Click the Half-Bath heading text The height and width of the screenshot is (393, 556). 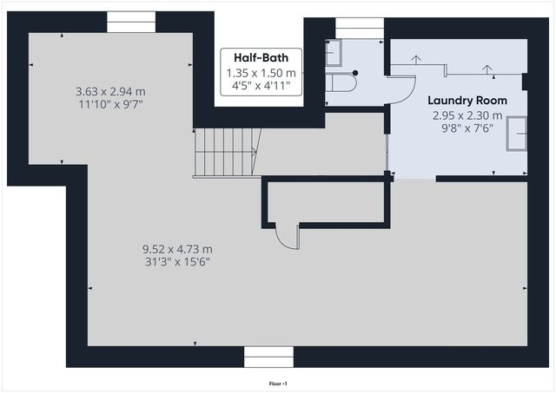click(x=261, y=58)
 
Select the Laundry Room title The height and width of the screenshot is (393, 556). click(x=467, y=101)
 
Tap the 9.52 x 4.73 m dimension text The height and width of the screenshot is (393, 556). click(x=177, y=249)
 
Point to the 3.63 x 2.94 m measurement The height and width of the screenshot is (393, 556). click(x=110, y=92)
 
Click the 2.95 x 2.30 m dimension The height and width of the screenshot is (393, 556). click(x=467, y=115)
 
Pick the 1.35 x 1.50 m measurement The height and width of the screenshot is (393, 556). click(x=261, y=73)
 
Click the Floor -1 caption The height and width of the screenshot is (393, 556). click(x=278, y=383)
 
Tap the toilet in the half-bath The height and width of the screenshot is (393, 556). click(x=341, y=82)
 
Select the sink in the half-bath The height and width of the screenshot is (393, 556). click(x=334, y=53)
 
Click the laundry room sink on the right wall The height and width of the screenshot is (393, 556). click(x=517, y=134)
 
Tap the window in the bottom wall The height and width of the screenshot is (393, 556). click(x=268, y=357)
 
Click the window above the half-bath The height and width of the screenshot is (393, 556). click(x=360, y=29)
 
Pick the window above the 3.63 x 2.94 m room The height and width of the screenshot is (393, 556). click(x=131, y=22)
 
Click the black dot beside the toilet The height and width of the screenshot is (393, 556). click(x=355, y=73)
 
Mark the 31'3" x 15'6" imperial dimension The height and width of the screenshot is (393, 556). click(x=177, y=262)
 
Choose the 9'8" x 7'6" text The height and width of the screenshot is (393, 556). click(x=467, y=128)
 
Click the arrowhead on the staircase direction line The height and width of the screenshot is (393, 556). click(x=255, y=152)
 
